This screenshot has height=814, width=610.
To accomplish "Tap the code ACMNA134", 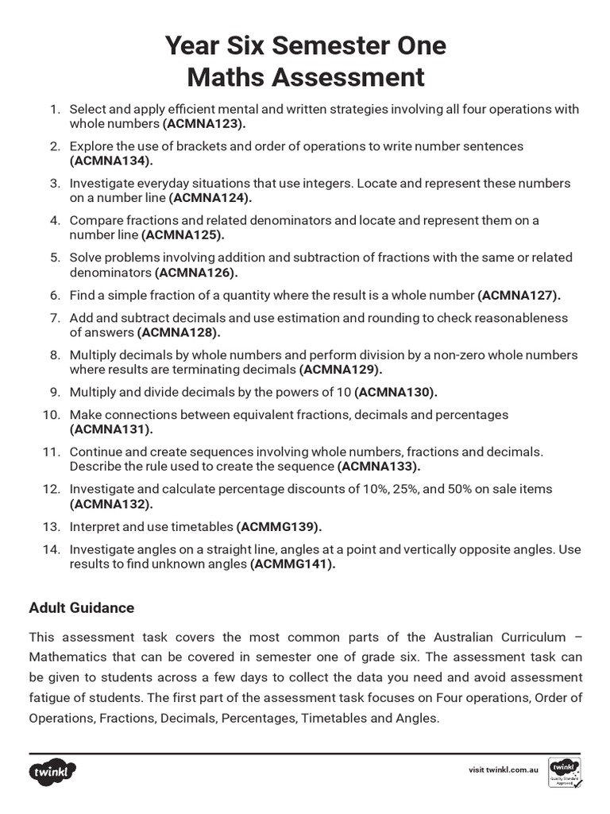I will (111, 161).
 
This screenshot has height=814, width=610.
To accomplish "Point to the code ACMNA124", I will (210, 198).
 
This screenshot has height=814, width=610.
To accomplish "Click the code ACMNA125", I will (183, 235).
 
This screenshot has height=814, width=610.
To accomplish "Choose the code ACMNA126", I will (196, 272).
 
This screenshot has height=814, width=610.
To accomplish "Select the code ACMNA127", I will (519, 295).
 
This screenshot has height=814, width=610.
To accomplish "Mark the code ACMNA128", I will (179, 332).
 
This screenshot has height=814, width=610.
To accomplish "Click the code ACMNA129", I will (341, 370).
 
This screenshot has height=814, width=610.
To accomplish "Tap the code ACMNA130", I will (396, 392).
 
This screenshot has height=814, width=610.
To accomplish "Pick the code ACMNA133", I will (379, 466).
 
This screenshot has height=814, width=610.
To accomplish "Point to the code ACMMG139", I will (279, 526).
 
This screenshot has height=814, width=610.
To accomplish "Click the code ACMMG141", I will (293, 564).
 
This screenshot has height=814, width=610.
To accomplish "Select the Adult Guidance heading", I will (82, 607).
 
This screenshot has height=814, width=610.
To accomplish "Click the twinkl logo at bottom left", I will (53, 771).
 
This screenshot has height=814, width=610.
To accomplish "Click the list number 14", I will (52, 549).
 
